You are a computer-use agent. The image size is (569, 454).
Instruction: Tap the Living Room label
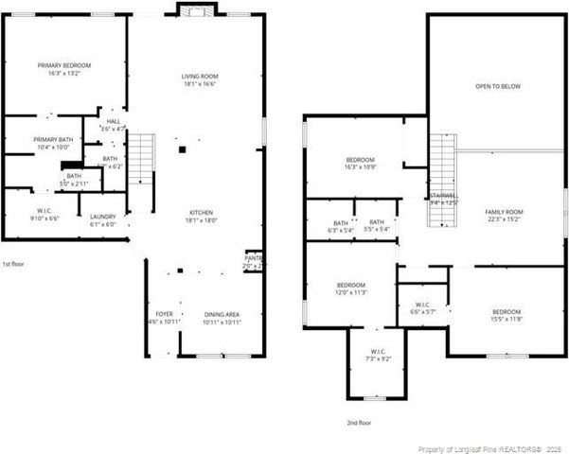pos(201,79)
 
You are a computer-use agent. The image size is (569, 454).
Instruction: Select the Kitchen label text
pos(201,216)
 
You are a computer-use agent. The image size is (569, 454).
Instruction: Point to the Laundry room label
pos(102,220)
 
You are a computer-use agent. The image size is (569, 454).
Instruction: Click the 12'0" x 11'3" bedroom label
pos(351,289)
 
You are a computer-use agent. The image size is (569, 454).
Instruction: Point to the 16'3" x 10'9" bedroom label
pos(361,164)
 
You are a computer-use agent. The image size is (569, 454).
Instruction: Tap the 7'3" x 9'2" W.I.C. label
pos(378,358)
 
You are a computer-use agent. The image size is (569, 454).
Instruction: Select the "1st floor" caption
pos(13,264)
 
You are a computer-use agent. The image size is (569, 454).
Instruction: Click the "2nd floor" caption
pos(359,423)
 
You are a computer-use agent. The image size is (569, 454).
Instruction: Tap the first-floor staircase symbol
pos(141,150)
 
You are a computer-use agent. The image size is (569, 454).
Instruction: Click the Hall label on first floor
pos(114,125)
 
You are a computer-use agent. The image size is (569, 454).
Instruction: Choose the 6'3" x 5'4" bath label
pos(341,226)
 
